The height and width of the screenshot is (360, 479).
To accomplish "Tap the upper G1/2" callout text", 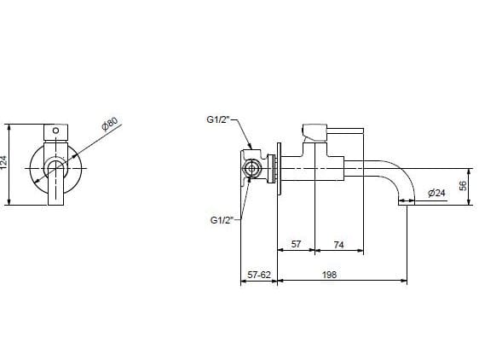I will point(218,120).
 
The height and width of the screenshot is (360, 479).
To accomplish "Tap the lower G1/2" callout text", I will point(222,220).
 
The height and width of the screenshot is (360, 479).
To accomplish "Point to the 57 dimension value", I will point(296,244).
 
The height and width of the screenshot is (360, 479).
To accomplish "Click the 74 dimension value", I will point(338,244).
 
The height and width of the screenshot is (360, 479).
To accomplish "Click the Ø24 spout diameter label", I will point(436,194).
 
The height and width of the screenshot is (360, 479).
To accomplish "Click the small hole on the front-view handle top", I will point(56,131).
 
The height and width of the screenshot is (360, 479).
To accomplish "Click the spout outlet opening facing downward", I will point(406,202).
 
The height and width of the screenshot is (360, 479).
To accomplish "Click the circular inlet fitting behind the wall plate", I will point(252,166).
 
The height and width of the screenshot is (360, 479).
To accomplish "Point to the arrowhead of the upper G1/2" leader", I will point(251,148).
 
